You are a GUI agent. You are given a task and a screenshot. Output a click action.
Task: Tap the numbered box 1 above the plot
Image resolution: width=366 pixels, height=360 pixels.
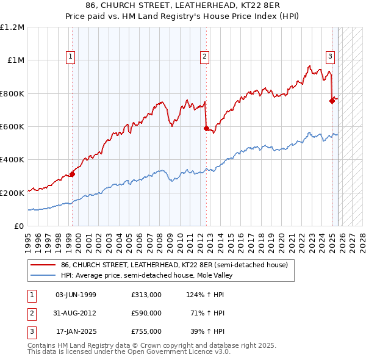pos(71,57)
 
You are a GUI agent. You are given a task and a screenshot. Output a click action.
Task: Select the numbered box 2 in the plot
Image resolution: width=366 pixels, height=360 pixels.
pos(204,57)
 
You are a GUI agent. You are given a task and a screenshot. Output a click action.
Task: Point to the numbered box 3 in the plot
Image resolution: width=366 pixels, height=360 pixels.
pos(330,57)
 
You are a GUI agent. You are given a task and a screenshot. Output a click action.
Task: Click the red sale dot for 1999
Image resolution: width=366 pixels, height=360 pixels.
pos(72,175)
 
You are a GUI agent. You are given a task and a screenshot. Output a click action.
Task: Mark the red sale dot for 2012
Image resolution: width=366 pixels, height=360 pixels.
pos(206,128)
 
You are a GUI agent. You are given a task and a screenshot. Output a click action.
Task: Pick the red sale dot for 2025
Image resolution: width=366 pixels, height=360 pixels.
pos(332,101)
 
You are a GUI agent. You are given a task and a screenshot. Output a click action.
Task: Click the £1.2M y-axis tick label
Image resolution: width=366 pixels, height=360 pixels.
pos(12,27)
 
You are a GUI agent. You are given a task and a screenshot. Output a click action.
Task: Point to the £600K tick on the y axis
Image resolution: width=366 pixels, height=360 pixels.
pos(12,127)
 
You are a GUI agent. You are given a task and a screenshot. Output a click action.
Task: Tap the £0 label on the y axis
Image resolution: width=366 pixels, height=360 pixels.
pos(18,226)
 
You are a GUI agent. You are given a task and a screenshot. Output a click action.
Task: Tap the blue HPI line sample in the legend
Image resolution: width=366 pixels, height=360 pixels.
pos(43,275)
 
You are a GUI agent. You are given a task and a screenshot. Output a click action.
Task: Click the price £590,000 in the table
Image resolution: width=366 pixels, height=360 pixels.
pos(146,313)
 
